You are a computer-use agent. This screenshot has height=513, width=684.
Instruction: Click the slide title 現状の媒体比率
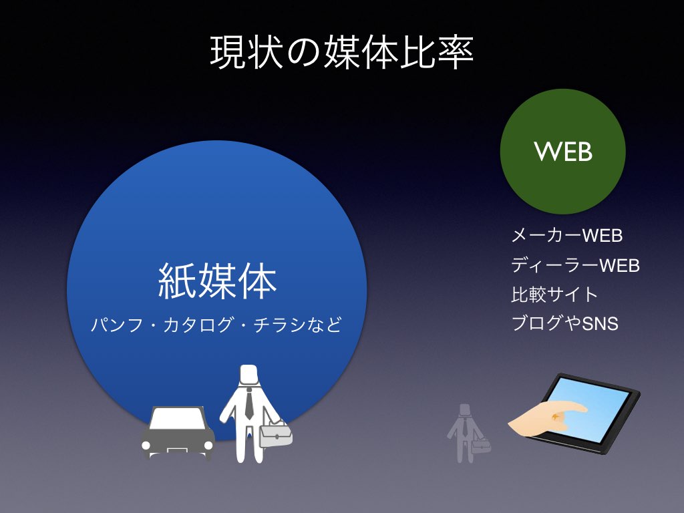point(341,53)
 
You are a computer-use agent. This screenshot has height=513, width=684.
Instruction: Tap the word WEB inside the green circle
point(563,152)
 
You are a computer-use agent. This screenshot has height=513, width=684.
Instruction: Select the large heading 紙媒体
point(217,281)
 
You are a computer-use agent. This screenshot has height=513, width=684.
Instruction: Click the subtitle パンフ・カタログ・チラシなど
point(216,325)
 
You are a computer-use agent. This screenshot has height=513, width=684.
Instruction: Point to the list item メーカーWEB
point(566,236)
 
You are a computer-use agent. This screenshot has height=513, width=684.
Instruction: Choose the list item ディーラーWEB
point(575,265)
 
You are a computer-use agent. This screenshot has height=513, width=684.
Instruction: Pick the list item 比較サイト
point(554,295)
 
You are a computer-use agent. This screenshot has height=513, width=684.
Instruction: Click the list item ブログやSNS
point(565,324)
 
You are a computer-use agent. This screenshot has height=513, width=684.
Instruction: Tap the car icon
point(178,433)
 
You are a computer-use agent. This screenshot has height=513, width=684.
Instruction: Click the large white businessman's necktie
point(248,404)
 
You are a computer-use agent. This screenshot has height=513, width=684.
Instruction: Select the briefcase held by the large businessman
point(275,433)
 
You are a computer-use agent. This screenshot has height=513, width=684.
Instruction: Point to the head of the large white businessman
point(248,375)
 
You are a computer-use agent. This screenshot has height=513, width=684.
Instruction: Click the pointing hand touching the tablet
point(548,417)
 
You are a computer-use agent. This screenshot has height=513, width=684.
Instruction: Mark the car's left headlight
point(146,446)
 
